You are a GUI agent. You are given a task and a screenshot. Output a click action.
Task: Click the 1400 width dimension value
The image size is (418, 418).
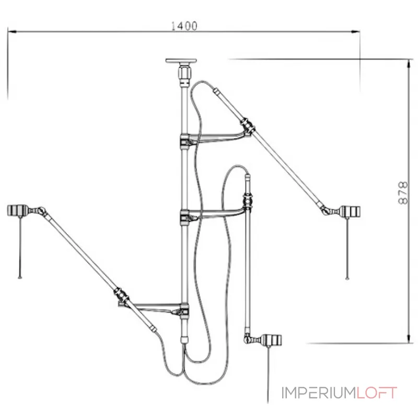pyautogui.click(x=183, y=26)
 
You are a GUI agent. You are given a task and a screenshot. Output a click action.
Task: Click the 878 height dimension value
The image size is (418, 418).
pyautogui.click(x=402, y=195)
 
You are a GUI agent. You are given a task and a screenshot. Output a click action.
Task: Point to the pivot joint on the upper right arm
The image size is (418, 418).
pyautogui.click(x=248, y=126)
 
